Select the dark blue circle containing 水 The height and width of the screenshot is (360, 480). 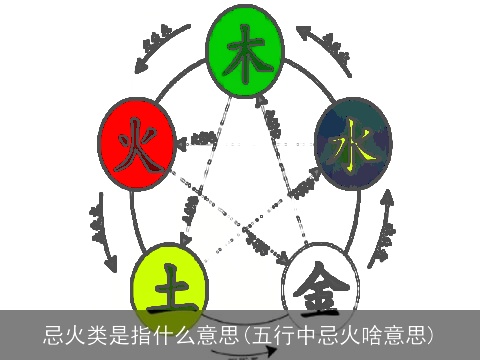[351, 145]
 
